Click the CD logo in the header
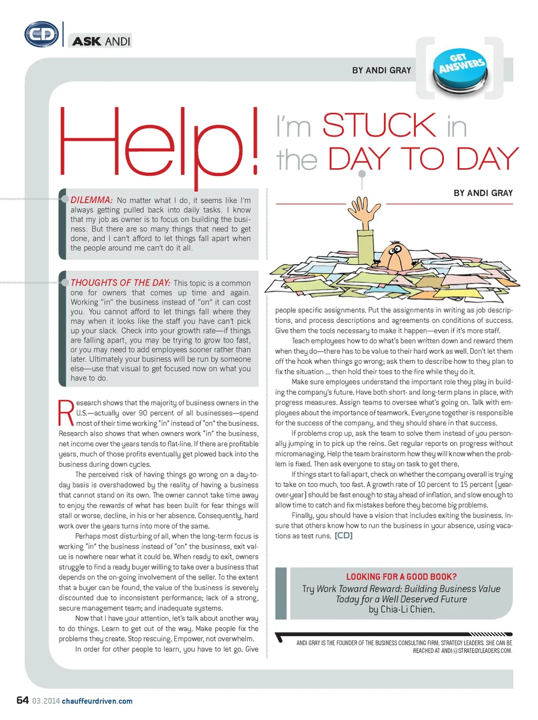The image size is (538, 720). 41,35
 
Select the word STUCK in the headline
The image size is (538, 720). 379,126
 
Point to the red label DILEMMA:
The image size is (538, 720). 91,200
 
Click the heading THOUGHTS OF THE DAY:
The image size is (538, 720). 120,283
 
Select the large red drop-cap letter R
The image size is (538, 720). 66,413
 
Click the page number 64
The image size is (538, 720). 22,700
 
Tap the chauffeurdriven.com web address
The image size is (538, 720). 97,701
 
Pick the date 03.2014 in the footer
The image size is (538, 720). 46,701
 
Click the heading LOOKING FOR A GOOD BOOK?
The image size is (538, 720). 401,576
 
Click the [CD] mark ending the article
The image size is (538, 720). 344,536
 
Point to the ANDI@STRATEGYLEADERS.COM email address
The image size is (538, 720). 476,651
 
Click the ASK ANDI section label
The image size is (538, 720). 101,41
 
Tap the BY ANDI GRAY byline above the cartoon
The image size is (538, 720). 483,193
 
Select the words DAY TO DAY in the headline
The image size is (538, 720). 423,159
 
